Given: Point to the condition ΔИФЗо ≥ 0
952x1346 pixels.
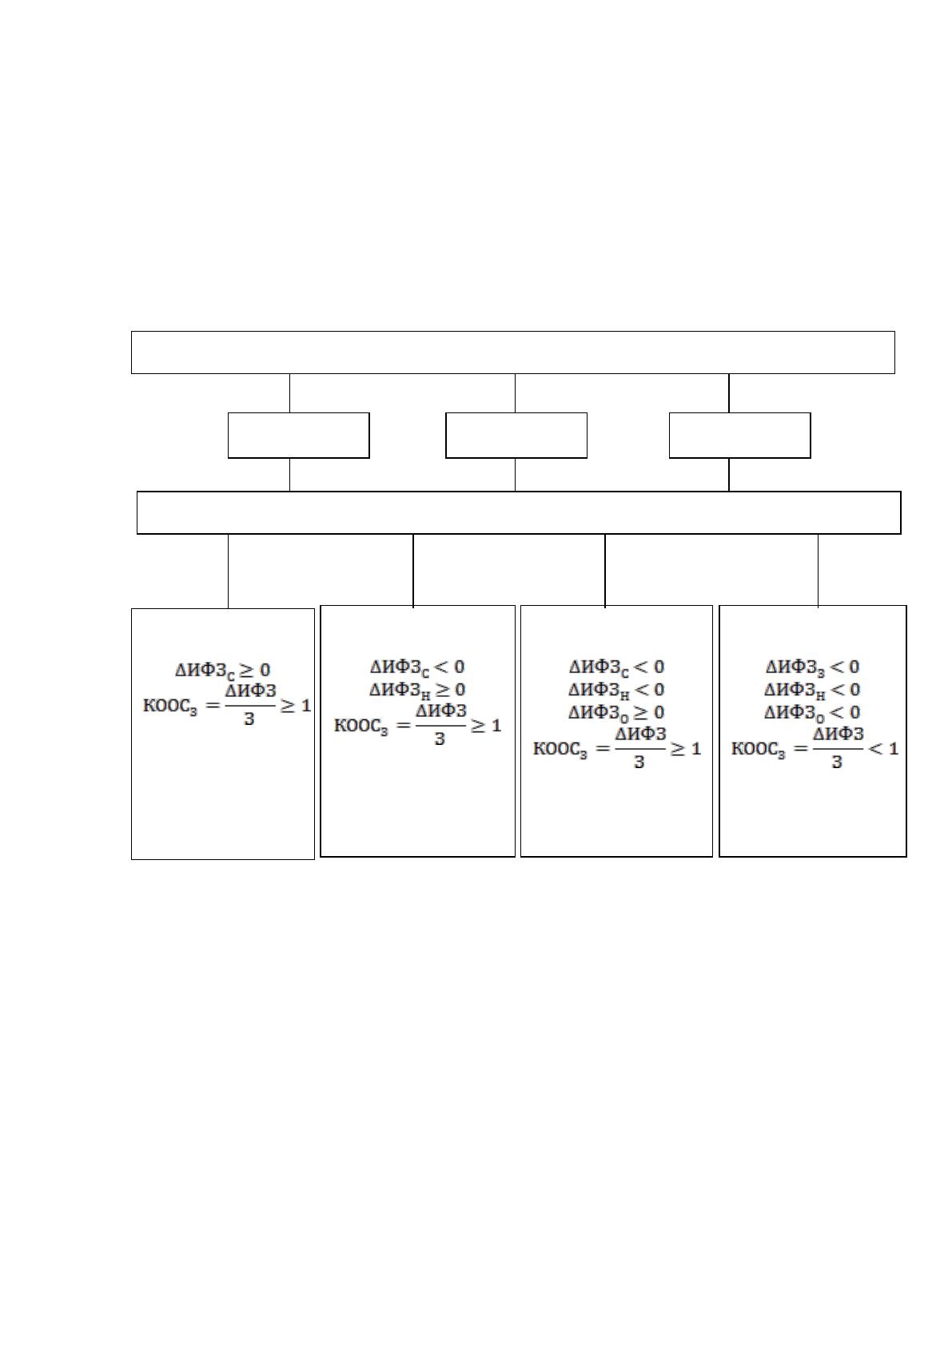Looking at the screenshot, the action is coord(616,713).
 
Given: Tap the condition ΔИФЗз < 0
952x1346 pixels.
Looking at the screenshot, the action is coord(812,667).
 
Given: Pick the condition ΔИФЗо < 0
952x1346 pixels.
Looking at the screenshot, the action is coord(812,713).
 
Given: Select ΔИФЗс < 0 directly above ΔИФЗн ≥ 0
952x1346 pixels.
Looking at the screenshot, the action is coord(418,667).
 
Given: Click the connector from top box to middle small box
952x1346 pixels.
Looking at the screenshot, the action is coord(515,393).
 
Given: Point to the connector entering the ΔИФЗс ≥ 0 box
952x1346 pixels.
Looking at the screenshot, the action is coord(229,571).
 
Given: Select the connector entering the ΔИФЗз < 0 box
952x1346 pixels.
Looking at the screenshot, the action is coord(818,570).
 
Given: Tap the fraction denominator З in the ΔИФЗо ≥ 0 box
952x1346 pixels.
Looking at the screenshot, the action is coord(639,763).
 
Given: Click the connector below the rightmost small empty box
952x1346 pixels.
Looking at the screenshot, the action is coord(729,475).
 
